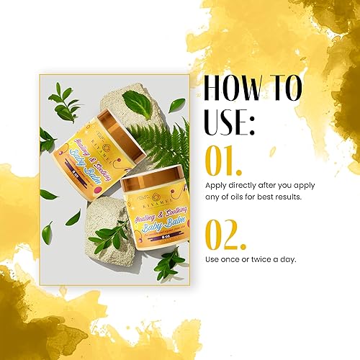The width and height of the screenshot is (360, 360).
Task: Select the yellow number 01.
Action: pos(222,162)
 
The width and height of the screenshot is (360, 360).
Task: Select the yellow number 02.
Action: pos(225,235)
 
